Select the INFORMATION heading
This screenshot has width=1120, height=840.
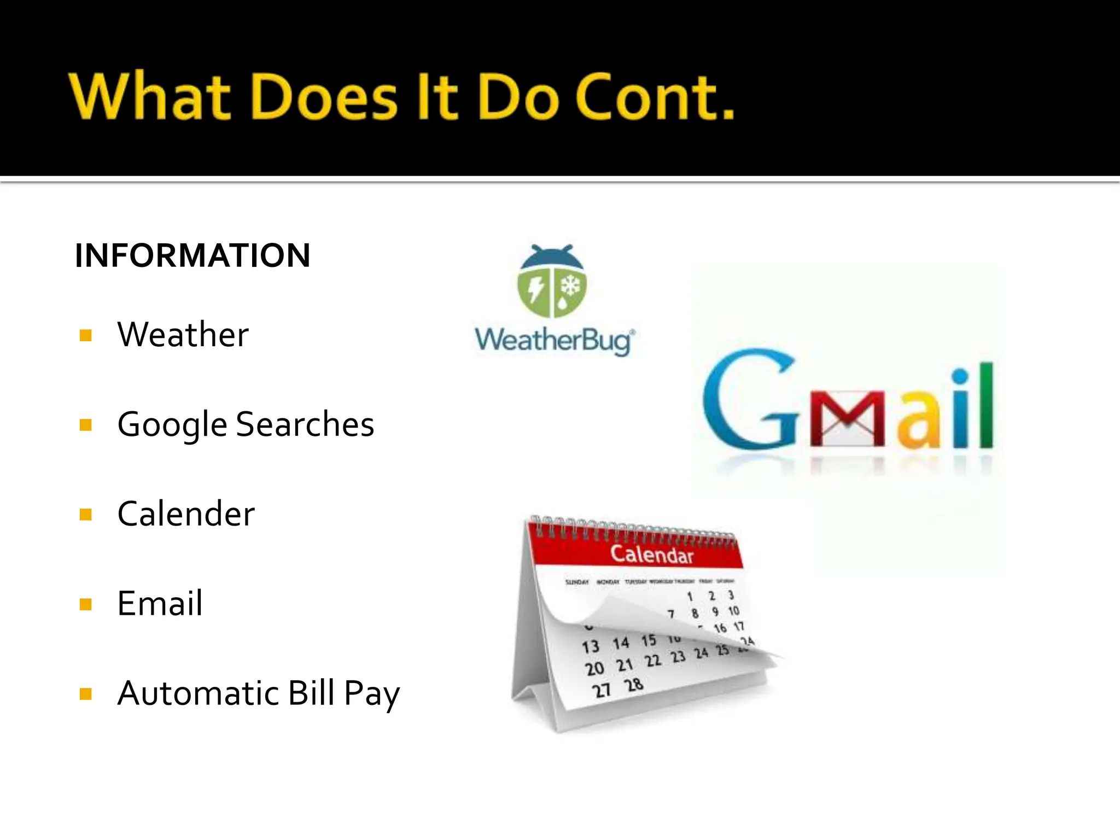[192, 255]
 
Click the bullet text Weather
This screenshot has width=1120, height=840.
[183, 335]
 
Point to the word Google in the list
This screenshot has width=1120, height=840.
[172, 425]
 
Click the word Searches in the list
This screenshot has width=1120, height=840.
[305, 424]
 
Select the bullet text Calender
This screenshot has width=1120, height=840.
[186, 514]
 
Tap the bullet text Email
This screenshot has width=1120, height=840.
[160, 604]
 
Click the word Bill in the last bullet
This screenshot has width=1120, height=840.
[311, 693]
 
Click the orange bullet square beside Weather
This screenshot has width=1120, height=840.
[85, 335]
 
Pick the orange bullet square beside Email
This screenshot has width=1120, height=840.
[85, 604]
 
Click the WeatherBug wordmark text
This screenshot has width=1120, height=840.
[554, 340]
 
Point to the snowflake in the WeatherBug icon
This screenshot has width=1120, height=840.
[571, 285]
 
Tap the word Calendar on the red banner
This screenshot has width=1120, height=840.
[651, 555]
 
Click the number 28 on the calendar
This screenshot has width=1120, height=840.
[634, 685]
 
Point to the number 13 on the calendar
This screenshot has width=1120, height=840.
[591, 647]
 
